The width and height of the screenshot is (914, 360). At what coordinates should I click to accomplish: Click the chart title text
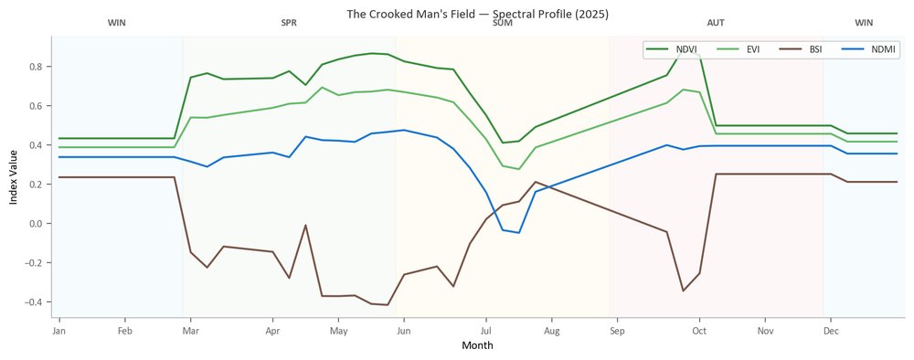[477, 14]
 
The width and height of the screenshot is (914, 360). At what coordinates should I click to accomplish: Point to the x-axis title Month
[477, 345]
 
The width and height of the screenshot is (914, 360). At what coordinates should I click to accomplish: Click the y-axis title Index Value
[14, 176]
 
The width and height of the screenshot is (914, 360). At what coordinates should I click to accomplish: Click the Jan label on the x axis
[58, 332]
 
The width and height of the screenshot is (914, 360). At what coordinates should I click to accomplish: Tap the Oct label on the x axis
[699, 332]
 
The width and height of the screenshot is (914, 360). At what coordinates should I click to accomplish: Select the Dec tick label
[831, 332]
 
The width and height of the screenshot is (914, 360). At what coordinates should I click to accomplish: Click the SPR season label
[289, 24]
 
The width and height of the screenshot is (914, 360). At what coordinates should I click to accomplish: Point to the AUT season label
[716, 24]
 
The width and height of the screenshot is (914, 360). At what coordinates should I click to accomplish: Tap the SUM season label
[503, 24]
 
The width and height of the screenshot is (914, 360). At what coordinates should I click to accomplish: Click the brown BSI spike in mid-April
[305, 226]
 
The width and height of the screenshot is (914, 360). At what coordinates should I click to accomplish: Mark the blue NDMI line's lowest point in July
[519, 232]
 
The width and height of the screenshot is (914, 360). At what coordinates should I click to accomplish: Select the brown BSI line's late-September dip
[683, 291]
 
